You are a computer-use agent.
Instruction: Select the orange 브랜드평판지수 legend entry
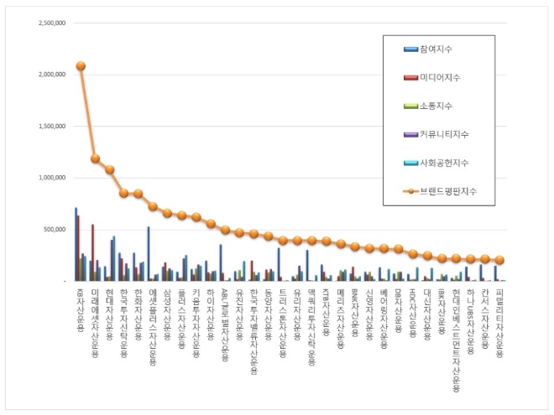pos(446,191)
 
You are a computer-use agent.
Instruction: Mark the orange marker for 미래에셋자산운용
pos(95,158)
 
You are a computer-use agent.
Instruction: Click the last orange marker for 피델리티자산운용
pos(499,260)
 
